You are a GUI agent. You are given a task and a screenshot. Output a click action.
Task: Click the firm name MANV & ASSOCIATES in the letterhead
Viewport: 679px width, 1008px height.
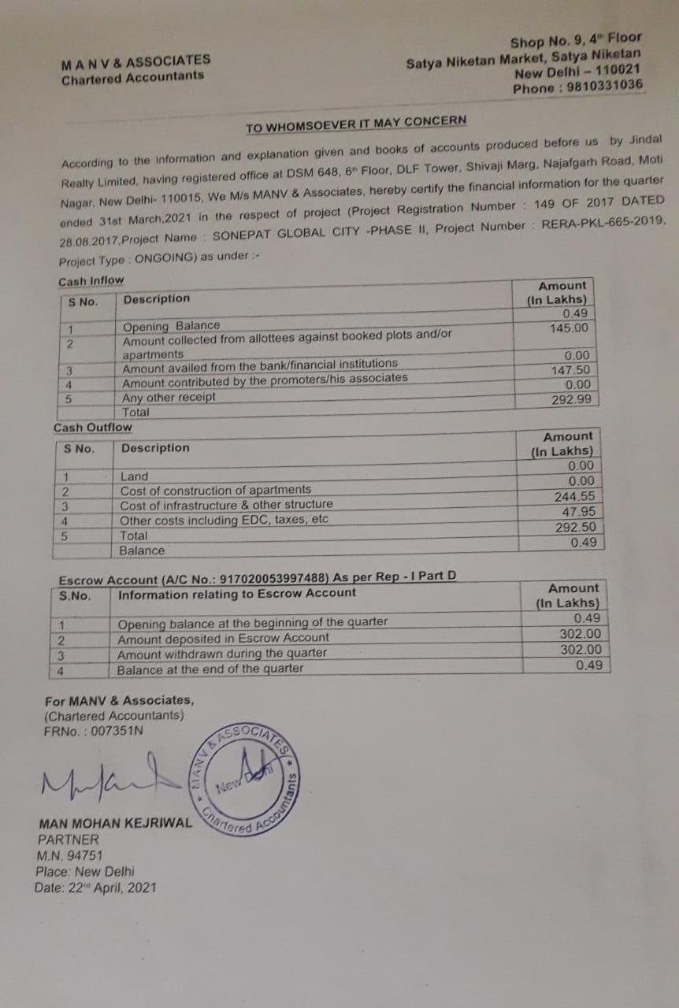click(135, 61)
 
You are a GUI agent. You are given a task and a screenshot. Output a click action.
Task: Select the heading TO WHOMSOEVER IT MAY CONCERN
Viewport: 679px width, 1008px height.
click(355, 124)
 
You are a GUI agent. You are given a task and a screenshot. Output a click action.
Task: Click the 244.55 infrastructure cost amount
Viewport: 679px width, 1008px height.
click(574, 497)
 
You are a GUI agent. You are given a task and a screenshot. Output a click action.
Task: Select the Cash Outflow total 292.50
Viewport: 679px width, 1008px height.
click(575, 528)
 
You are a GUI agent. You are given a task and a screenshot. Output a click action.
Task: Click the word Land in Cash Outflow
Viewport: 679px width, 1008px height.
click(134, 476)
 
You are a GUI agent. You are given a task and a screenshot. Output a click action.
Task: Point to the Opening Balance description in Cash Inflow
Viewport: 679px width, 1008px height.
click(172, 326)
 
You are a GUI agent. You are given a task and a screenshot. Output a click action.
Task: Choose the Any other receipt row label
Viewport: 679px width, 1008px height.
click(169, 398)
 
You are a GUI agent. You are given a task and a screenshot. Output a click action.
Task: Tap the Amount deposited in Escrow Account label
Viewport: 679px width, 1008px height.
click(223, 638)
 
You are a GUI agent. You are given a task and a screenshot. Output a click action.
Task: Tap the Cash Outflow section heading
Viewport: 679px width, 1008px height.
click(93, 428)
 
